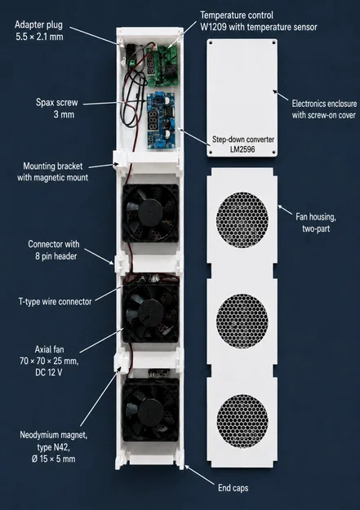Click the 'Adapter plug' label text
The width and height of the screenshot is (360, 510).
coord(38,24)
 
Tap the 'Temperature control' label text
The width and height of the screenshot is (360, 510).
coord(237,16)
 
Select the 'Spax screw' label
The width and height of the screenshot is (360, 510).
coord(57,103)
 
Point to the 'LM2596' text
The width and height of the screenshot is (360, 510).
coord(242,149)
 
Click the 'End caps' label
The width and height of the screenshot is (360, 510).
coord(233,488)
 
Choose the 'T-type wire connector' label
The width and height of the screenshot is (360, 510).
coord(55,301)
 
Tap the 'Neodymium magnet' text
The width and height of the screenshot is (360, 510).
coord(53,435)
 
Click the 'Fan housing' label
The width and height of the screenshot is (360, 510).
coord(316,216)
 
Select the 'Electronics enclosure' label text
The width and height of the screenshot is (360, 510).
coord(324,104)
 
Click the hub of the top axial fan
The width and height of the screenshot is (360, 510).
coord(150,211)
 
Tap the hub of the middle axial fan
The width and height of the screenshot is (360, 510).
coord(150,311)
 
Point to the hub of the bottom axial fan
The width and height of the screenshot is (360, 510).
coord(150,410)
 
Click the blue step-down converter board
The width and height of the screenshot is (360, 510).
coord(161,121)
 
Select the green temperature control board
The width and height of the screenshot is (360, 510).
coord(162,66)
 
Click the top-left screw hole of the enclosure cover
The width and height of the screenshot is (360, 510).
coord(211,42)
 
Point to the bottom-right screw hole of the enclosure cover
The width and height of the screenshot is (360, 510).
coord(273,152)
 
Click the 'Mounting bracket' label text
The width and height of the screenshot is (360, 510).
coord(53,166)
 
